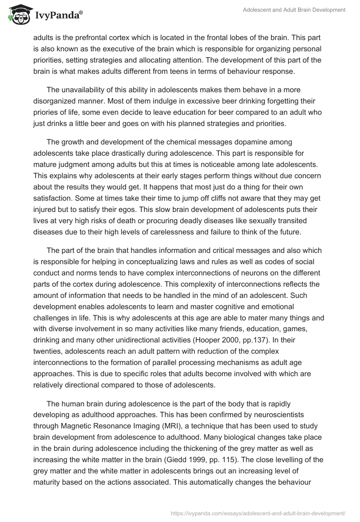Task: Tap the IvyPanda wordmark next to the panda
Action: [x=57, y=15]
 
